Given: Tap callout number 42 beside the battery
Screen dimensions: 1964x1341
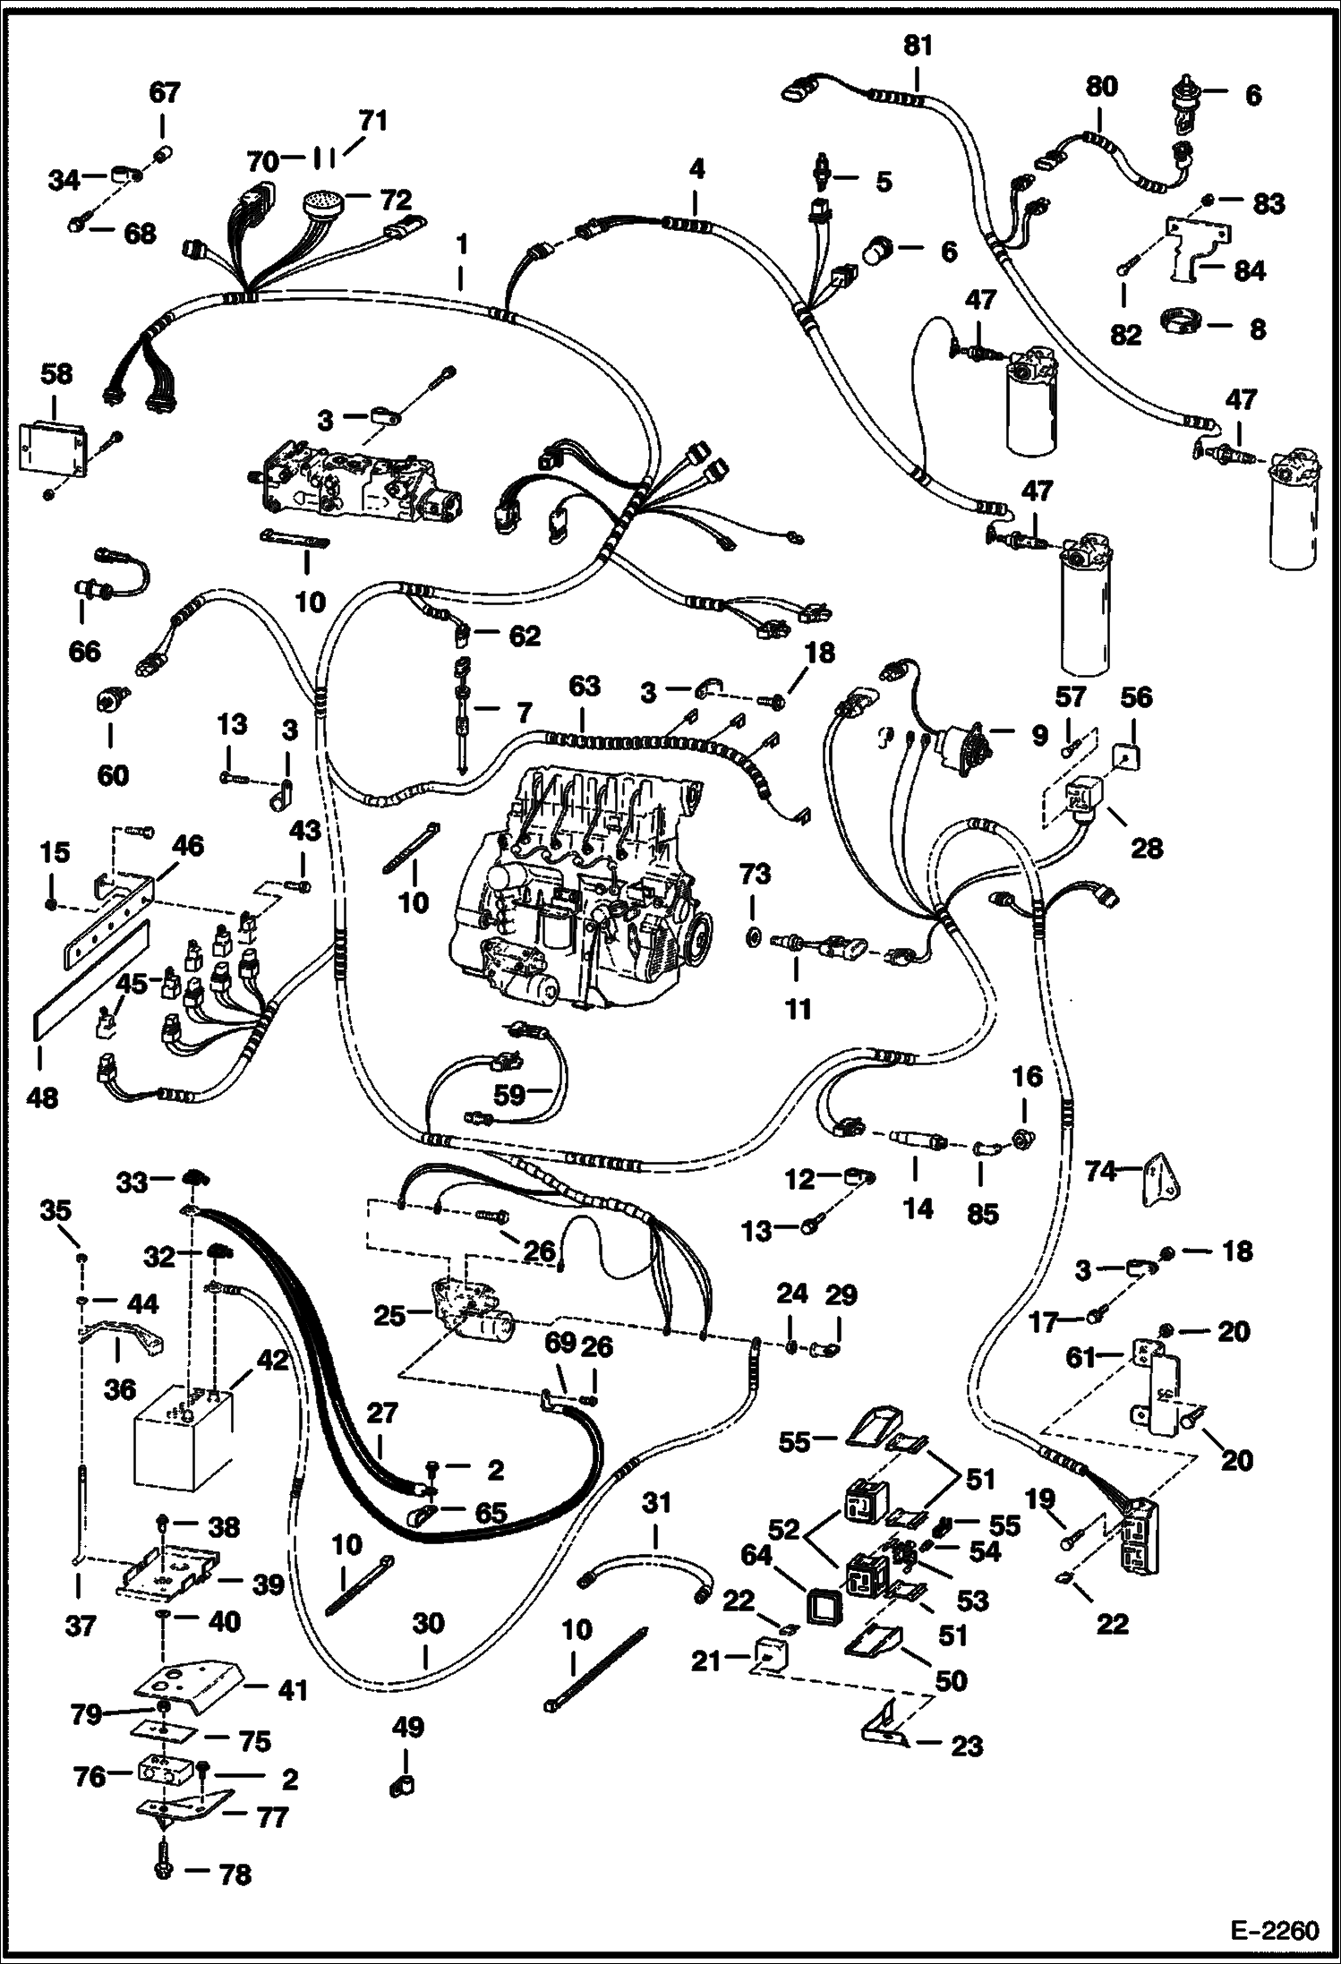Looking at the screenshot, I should (x=274, y=1361).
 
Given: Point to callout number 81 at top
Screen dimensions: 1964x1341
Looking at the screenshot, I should (x=918, y=46).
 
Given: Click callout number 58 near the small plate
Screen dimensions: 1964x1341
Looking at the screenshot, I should (x=56, y=373).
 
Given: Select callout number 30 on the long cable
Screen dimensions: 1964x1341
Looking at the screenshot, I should (x=429, y=1623).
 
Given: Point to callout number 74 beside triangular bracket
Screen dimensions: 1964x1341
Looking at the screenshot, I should (x=1102, y=1170).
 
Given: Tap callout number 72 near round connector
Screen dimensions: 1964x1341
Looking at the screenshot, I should (x=395, y=199).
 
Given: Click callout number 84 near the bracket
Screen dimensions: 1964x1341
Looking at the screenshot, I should (x=1249, y=270).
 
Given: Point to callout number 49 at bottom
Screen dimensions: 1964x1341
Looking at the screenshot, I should (x=408, y=1727).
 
